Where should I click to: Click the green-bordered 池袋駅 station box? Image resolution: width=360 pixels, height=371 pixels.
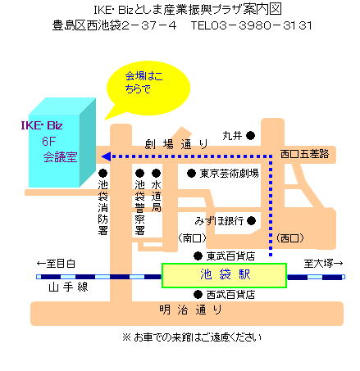[x=224, y=275]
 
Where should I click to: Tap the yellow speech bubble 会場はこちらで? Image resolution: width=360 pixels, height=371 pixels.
[x=148, y=88]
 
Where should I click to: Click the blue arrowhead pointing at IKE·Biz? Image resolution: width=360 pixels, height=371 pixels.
[x=106, y=156]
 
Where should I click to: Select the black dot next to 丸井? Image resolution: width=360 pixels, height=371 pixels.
[x=250, y=135]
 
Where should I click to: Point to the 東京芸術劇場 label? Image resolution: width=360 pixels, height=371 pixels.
[x=229, y=174]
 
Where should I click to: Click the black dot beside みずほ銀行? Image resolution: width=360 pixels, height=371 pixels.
[x=251, y=220]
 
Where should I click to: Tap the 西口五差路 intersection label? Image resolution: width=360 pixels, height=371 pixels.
[x=304, y=154]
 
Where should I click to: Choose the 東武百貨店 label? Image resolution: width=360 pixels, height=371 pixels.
[x=230, y=256]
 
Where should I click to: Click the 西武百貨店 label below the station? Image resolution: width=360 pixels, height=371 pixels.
[x=230, y=295]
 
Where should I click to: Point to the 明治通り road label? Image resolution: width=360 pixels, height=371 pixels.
[x=190, y=310]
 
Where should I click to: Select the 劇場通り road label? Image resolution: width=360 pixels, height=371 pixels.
[x=176, y=144]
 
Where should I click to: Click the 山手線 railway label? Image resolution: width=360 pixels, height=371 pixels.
[x=68, y=287]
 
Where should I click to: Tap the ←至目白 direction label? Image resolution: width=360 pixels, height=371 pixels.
[x=56, y=264]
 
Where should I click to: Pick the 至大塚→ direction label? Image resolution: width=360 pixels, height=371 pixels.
[x=323, y=264]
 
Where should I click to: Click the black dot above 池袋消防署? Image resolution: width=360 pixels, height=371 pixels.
[x=103, y=173]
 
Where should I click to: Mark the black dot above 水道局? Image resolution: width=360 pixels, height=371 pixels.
[x=156, y=173]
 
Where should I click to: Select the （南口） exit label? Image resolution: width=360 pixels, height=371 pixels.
[x=192, y=238]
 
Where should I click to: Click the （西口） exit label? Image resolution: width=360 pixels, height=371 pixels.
[x=289, y=238]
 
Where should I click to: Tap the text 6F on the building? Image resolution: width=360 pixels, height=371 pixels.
[x=48, y=142]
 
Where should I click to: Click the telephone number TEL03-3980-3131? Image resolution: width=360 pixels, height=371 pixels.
[x=251, y=25]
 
